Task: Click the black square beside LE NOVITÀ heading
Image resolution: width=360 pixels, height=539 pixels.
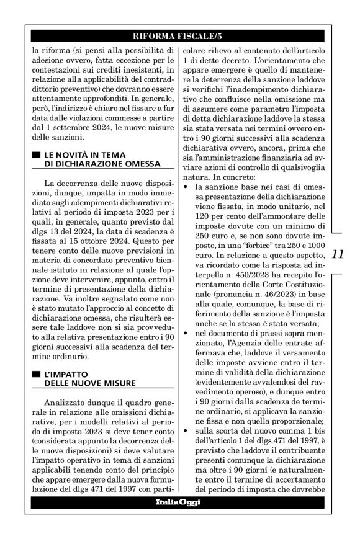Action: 36,154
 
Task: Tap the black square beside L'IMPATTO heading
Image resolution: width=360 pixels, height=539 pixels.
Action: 36,375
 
